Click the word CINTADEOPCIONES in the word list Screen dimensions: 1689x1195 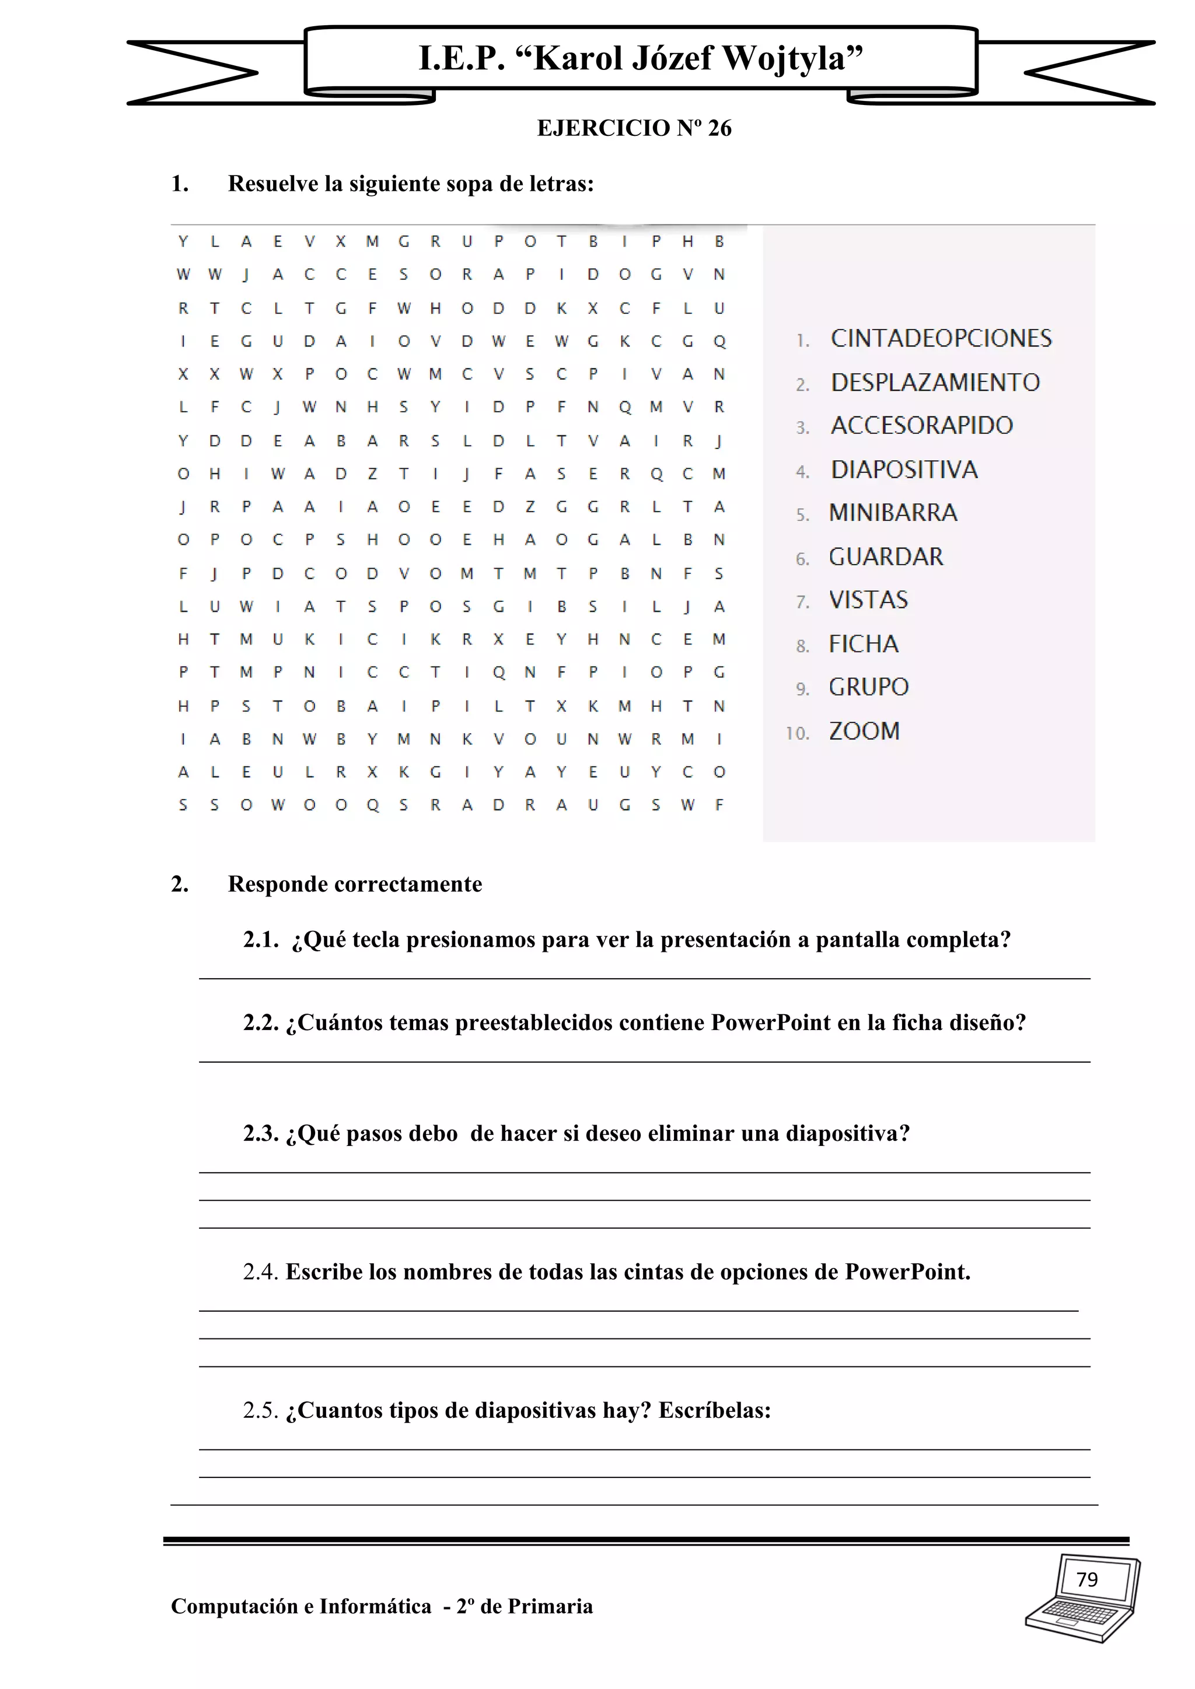941,338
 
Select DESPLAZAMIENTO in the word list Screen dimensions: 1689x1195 935,383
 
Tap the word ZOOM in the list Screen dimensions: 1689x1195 864,731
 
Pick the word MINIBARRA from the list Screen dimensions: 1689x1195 893,513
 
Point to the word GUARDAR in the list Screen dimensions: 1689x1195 886,557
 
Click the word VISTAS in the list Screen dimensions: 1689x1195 868,600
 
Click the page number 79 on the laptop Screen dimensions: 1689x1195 1087,1579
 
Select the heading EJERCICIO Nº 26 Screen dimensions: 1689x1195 634,128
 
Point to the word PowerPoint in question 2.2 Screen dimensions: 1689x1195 770,1022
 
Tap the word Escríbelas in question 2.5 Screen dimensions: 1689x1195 714,1410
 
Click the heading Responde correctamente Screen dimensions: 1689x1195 355,884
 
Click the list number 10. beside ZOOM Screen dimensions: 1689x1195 797,734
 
